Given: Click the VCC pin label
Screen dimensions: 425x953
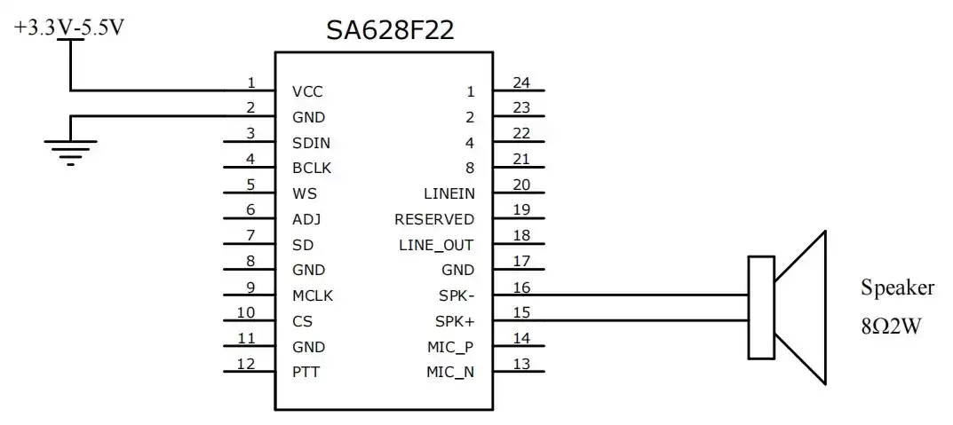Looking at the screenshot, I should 307,91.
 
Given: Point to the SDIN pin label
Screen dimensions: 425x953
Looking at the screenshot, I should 311,143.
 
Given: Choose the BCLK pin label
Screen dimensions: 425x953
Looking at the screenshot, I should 312,168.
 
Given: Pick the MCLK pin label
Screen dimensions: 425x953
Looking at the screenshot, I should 312,295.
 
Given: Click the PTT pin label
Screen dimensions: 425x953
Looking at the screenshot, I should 306,372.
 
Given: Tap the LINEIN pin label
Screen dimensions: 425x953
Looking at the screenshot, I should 449,193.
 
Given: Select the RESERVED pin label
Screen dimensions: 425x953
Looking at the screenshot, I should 434,219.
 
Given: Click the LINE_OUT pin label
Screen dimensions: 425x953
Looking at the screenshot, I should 436,245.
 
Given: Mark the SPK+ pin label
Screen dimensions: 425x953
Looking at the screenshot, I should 455,321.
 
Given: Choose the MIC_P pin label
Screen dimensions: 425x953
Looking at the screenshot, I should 450,347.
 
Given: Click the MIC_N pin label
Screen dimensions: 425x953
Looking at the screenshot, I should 450,372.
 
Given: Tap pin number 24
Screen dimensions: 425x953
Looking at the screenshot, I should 521,83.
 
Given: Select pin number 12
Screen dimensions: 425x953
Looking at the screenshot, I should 246,363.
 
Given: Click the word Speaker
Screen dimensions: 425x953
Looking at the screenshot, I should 897,287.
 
